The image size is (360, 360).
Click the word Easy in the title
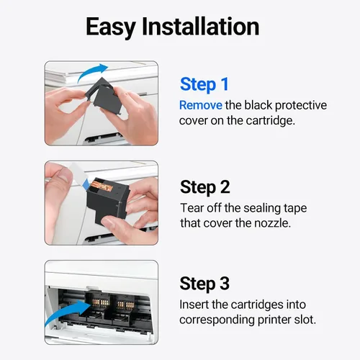point(111,27)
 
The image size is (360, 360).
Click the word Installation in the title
point(201,27)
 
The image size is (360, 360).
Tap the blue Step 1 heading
point(204,85)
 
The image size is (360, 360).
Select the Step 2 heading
point(205,187)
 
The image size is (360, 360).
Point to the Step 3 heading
point(204,284)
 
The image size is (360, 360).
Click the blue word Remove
point(201,105)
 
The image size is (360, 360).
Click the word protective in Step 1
point(301,106)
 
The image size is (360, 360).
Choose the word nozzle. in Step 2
point(272,223)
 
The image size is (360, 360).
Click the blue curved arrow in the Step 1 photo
point(93,72)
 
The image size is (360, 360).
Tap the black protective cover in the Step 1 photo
point(106,96)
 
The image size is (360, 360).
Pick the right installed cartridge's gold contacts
point(125,305)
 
